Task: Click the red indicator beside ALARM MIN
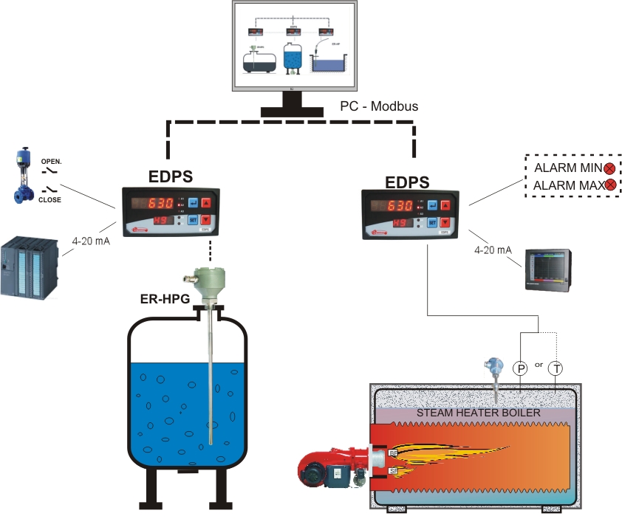pos(610,168)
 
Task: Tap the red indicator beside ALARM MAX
pos(610,185)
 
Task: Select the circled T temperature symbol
pos(556,368)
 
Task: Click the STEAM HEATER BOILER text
pos(479,413)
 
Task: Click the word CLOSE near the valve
pos(50,200)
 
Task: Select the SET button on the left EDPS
pos(193,220)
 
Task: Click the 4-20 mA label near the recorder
pos(493,250)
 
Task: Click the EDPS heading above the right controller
pos(407,182)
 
